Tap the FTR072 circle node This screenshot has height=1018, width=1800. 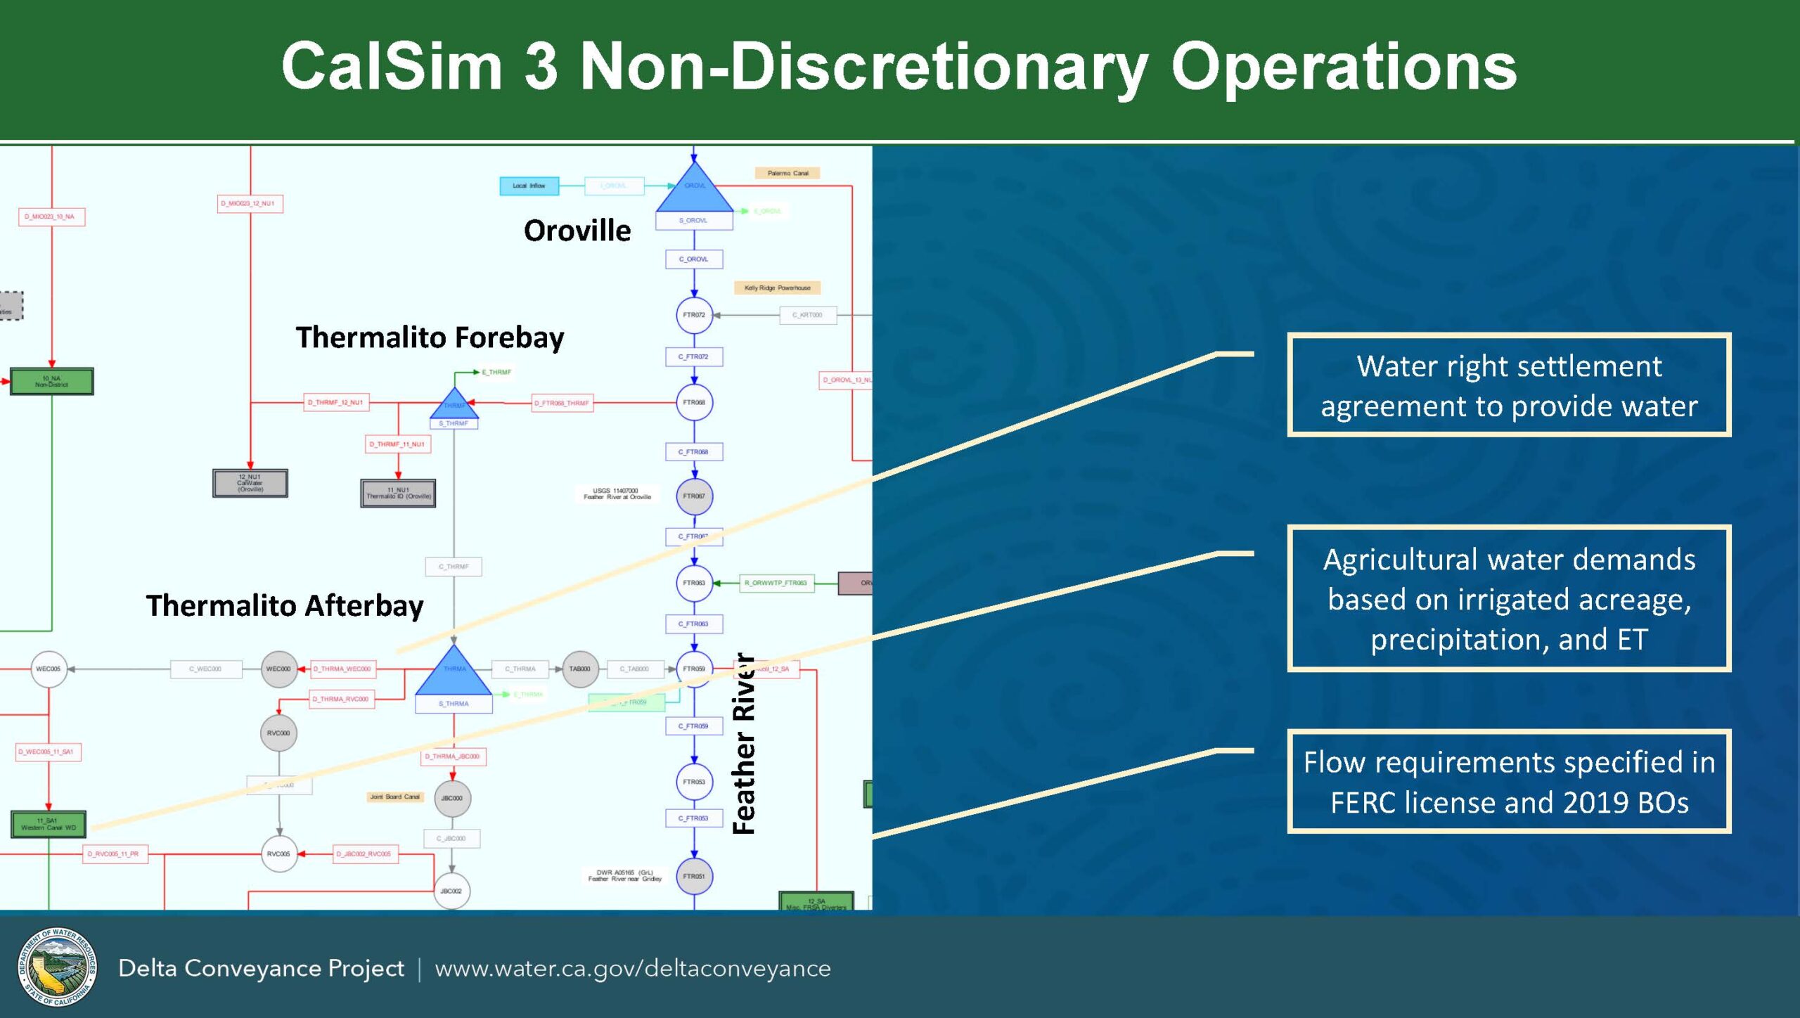(694, 315)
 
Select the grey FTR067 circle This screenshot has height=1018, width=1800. (694, 496)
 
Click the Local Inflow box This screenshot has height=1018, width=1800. (529, 186)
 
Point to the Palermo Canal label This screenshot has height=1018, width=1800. (787, 173)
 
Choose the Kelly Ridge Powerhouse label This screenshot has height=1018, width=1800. (778, 288)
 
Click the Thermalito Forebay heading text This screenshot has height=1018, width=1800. (430, 337)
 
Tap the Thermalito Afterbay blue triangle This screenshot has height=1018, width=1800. (454, 673)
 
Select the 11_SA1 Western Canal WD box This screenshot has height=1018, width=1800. (49, 824)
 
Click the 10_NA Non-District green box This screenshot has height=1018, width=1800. (51, 381)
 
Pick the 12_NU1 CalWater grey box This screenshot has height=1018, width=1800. (250, 483)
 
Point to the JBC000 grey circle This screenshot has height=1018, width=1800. (452, 798)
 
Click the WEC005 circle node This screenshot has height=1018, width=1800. (49, 669)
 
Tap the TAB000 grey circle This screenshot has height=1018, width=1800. (579, 669)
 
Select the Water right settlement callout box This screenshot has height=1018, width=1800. (1509, 385)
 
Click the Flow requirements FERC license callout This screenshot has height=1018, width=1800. (1509, 782)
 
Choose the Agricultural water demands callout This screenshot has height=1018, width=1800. (1509, 599)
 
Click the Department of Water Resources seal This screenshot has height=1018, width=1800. (57, 967)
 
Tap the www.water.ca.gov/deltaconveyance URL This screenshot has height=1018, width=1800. (633, 968)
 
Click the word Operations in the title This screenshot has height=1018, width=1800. (1343, 66)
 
